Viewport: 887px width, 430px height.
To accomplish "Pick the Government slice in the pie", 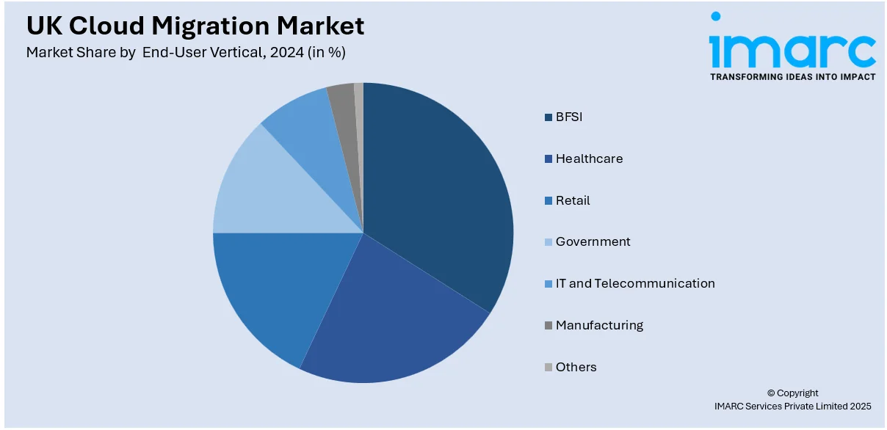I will [x=264, y=191].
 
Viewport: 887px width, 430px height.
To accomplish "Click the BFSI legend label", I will [x=568, y=117].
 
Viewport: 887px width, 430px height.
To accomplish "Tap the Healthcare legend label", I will [x=589, y=158].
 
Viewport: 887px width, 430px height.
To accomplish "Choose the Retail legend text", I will [x=573, y=200].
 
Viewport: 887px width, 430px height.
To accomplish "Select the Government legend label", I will [x=593, y=241].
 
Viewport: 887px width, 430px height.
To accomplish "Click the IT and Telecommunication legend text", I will [x=635, y=283].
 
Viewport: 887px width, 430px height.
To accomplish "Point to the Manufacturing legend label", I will [x=599, y=325].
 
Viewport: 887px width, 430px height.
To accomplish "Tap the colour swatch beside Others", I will [x=548, y=368].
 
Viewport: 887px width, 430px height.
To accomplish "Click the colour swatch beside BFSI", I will [x=548, y=117].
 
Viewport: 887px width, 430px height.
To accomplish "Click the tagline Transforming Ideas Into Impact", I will [x=792, y=77].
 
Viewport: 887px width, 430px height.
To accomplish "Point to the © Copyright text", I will [x=792, y=393].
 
